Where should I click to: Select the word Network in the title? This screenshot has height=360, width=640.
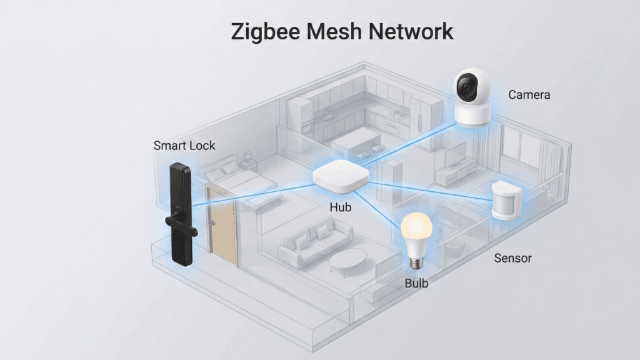(415, 31)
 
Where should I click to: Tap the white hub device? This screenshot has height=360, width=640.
(341, 176)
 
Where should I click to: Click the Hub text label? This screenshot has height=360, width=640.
(340, 207)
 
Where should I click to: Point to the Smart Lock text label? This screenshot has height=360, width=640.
(184, 146)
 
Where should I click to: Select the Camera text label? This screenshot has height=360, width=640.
(529, 95)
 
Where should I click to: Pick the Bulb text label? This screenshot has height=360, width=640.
(416, 283)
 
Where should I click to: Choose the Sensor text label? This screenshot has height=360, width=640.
(512, 257)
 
